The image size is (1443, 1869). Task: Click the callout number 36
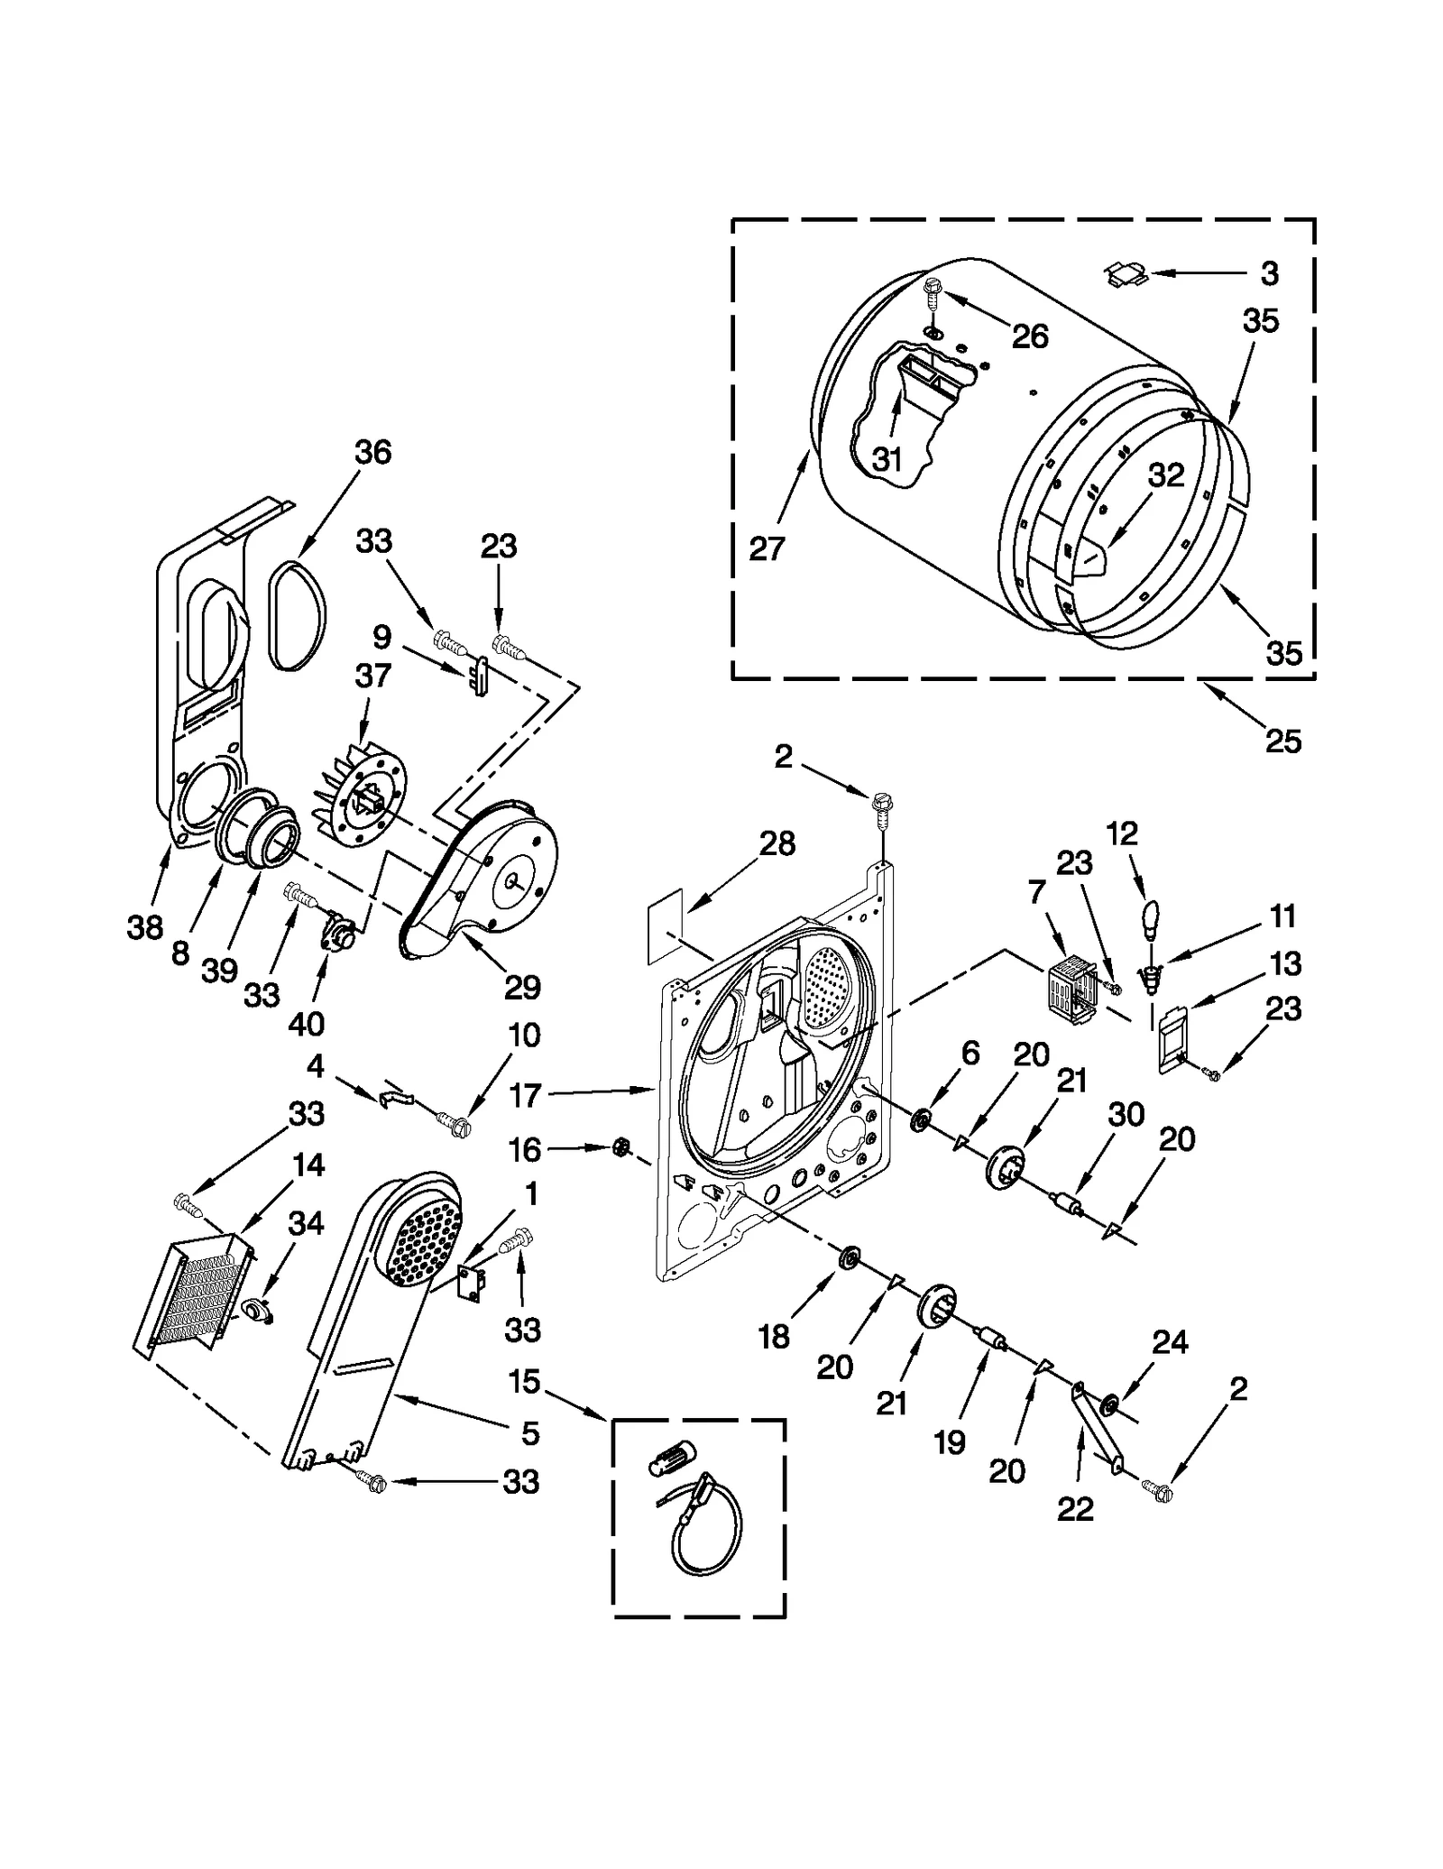point(372,452)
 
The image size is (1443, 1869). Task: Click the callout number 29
point(522,987)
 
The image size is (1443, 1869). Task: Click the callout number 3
point(1269,273)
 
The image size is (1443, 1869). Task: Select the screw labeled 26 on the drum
point(932,290)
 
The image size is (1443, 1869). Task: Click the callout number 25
point(1282,741)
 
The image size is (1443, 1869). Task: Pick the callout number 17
point(524,1096)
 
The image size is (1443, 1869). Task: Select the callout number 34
point(305,1224)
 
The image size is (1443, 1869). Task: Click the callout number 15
point(524,1381)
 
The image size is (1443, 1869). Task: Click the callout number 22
point(1075,1508)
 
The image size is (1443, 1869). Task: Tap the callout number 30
point(1126,1115)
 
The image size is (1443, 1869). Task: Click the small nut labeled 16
point(620,1147)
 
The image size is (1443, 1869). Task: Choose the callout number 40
point(308,1024)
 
